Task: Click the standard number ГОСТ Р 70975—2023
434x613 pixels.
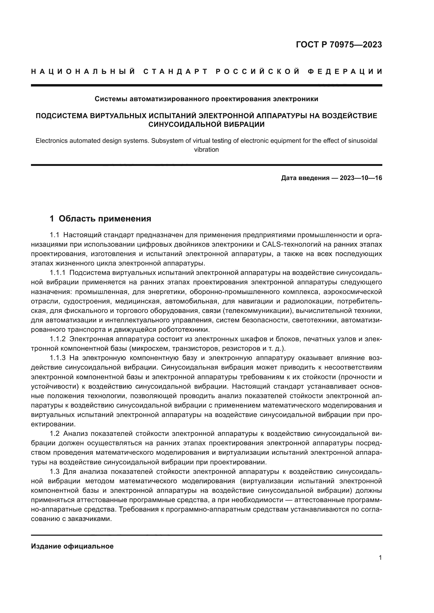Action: click(x=339, y=45)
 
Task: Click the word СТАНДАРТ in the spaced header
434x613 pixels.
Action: click(x=176, y=72)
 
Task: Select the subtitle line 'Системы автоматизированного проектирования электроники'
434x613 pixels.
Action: click(x=206, y=99)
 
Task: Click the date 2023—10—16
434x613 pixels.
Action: click(x=361, y=178)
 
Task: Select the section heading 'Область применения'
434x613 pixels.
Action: click(x=105, y=219)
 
